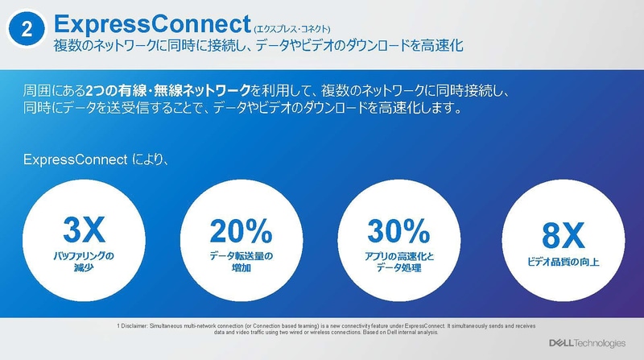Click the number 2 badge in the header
[27, 31]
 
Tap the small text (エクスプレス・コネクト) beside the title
[296, 27]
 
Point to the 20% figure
[241, 231]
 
